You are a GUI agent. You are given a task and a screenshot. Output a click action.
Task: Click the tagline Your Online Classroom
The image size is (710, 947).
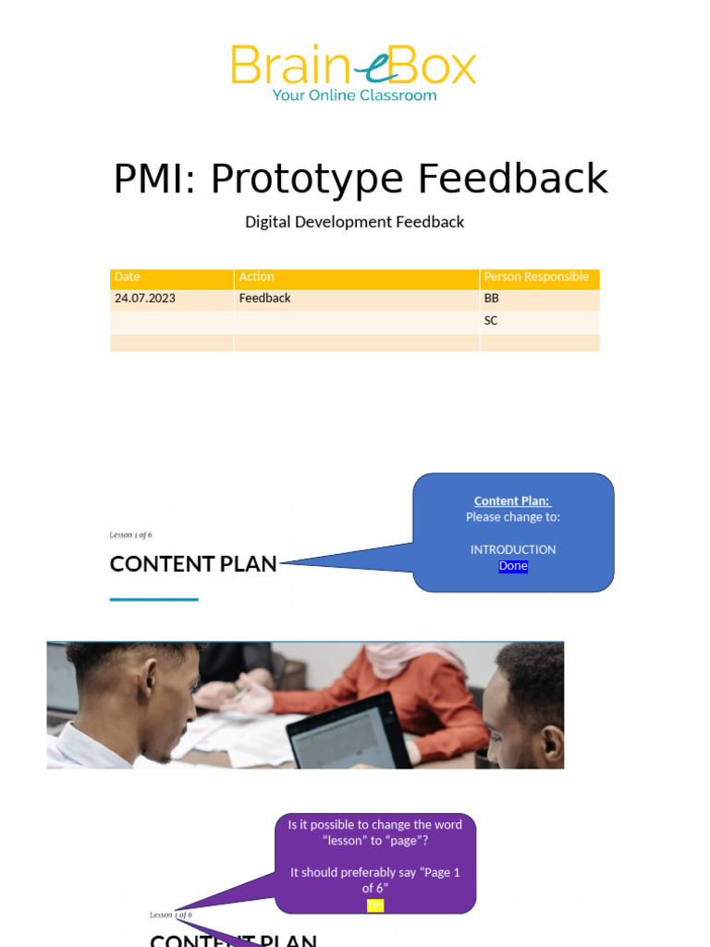coord(354,95)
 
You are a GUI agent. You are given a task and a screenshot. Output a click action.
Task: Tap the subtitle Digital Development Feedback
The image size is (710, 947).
coord(354,222)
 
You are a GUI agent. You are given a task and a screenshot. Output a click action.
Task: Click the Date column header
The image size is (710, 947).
coord(128,277)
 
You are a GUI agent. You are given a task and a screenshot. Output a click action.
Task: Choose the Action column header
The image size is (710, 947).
coord(256,277)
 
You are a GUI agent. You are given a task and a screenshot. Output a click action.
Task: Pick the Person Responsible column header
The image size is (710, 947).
coord(536,277)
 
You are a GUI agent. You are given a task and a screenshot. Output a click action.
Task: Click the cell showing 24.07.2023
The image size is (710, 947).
coord(145,299)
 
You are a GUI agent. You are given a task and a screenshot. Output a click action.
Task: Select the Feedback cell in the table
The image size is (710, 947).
coord(264,299)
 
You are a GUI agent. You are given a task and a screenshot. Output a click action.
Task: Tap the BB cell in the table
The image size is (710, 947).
coord(491,299)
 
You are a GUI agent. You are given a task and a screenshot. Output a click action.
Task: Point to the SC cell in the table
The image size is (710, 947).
coord(491,321)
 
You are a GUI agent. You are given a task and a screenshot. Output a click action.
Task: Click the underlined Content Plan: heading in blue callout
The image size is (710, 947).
coord(512,501)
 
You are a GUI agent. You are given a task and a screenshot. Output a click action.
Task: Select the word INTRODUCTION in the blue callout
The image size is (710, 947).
coord(513,549)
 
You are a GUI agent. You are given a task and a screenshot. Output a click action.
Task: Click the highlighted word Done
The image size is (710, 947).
coord(513,566)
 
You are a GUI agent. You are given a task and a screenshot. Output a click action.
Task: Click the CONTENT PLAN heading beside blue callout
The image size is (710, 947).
coord(193,564)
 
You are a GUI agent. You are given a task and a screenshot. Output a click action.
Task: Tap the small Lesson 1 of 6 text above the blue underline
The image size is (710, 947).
coord(130,535)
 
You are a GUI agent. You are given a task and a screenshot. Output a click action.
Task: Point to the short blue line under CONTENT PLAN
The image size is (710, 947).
coord(153,599)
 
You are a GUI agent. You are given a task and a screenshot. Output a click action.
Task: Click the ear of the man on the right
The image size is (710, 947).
coord(552,742)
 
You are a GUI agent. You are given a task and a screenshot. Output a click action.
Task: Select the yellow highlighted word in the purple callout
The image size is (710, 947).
coord(374,905)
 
